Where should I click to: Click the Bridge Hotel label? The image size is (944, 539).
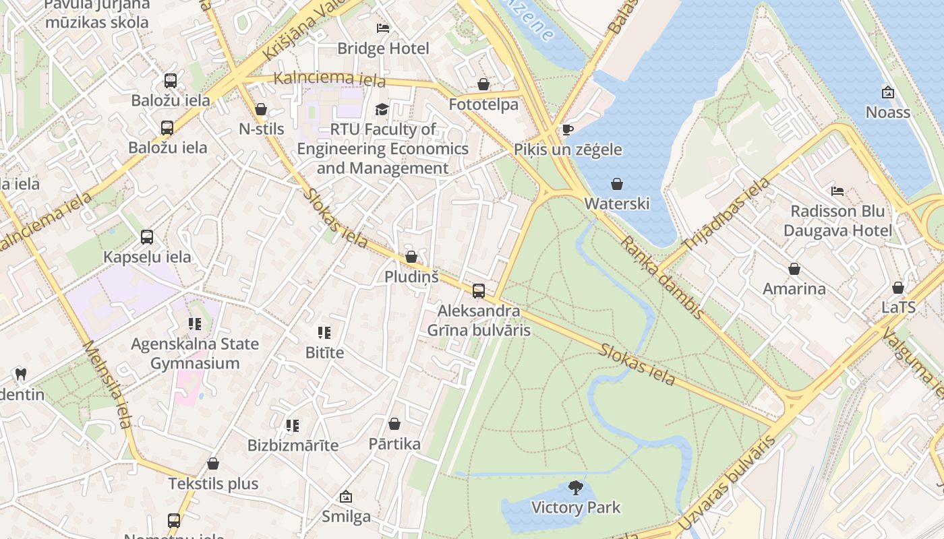tap(383, 49)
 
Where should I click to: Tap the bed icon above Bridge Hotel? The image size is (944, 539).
tap(383, 28)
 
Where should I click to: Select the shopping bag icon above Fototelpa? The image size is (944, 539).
tap(483, 84)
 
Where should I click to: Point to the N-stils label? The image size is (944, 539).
tap(262, 129)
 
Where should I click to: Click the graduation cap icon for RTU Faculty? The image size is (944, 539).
tap(382, 109)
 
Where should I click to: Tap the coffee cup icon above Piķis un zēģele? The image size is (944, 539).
tap(567, 129)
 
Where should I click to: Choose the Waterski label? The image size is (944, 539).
tap(616, 203)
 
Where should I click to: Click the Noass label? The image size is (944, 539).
tap(888, 112)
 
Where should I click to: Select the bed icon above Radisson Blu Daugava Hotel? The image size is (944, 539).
tap(837, 191)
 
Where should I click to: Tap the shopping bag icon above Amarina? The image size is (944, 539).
tap(794, 269)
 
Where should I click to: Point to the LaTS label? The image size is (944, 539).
tap(898, 307)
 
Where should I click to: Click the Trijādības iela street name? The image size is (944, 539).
tap(726, 214)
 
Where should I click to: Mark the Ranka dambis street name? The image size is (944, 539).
tap(662, 277)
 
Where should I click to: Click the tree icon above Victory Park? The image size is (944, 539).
tap(576, 487)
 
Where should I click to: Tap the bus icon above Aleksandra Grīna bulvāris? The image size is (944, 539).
tap(479, 291)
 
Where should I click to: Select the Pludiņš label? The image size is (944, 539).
tap(411, 276)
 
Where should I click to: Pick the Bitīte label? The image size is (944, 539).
tap(324, 352)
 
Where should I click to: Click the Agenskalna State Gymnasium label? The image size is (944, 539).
tap(195, 354)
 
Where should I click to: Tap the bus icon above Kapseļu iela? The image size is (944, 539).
tap(147, 237)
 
